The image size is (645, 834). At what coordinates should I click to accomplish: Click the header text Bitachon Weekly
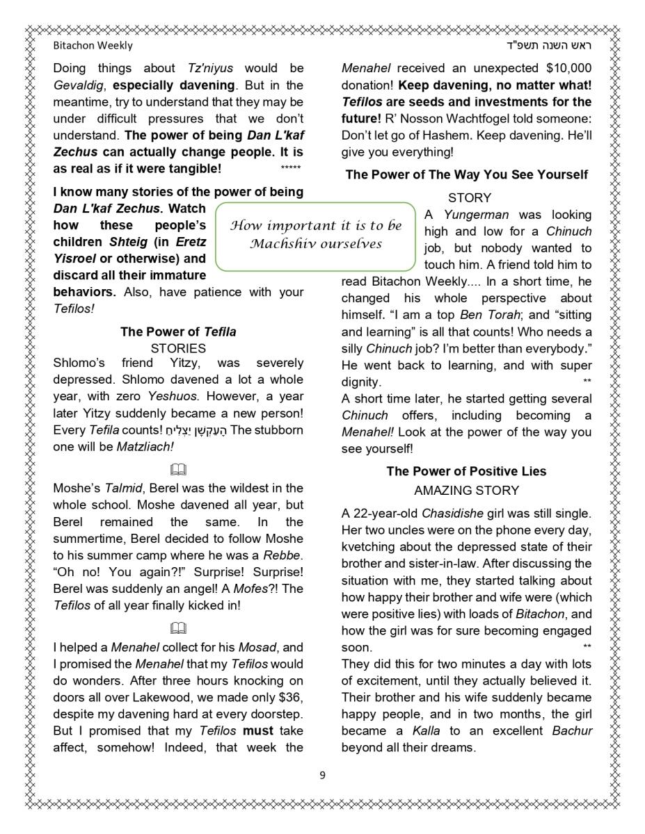coord(93,45)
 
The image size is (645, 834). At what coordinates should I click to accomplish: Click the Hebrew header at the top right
coord(549,45)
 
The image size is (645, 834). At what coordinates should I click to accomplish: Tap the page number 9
coord(322,775)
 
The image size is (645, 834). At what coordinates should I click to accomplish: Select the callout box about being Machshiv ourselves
coord(316,235)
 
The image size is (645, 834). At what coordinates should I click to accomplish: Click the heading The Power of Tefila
coord(178,332)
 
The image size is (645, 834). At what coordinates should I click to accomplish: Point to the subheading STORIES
coord(178,348)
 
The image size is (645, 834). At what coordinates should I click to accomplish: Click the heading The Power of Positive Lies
coord(466,471)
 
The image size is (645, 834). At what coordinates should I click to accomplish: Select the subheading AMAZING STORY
coord(466,491)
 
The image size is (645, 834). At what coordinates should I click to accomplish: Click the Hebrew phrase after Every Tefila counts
coord(196,430)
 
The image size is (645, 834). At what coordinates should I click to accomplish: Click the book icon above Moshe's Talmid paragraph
coord(178,470)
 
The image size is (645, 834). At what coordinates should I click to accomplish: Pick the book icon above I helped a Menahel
coord(178,628)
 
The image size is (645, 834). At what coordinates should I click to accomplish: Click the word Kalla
coord(426,731)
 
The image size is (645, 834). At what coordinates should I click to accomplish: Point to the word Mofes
coord(249,589)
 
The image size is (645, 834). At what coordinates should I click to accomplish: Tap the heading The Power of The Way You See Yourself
coord(466,174)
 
